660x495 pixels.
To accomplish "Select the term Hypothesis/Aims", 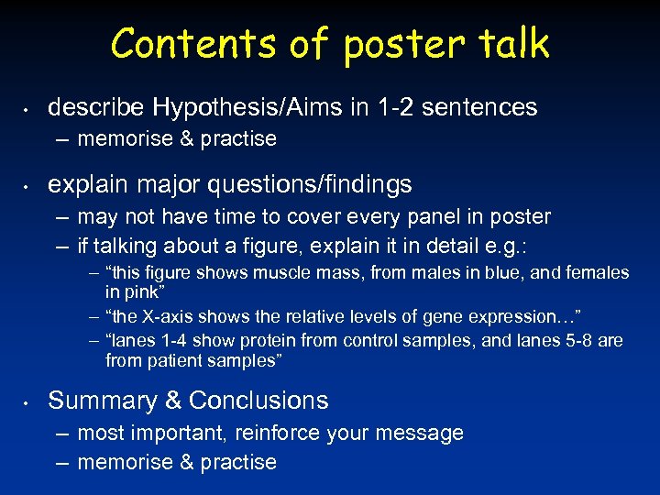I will click(247, 107).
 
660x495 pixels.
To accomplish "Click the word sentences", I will click(481, 107).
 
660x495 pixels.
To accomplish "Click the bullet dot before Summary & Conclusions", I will click(27, 401).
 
